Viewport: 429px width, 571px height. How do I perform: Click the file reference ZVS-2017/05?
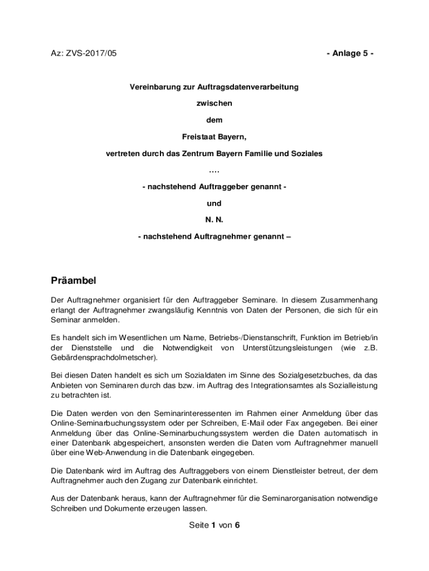coord(90,54)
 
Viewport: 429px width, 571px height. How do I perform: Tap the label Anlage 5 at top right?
coord(350,54)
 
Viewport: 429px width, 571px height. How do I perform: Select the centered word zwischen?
coord(214,104)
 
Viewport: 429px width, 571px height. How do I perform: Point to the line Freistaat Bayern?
coord(214,136)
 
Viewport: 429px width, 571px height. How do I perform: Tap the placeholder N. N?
coord(214,220)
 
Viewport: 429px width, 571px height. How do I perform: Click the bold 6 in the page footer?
coord(237,525)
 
